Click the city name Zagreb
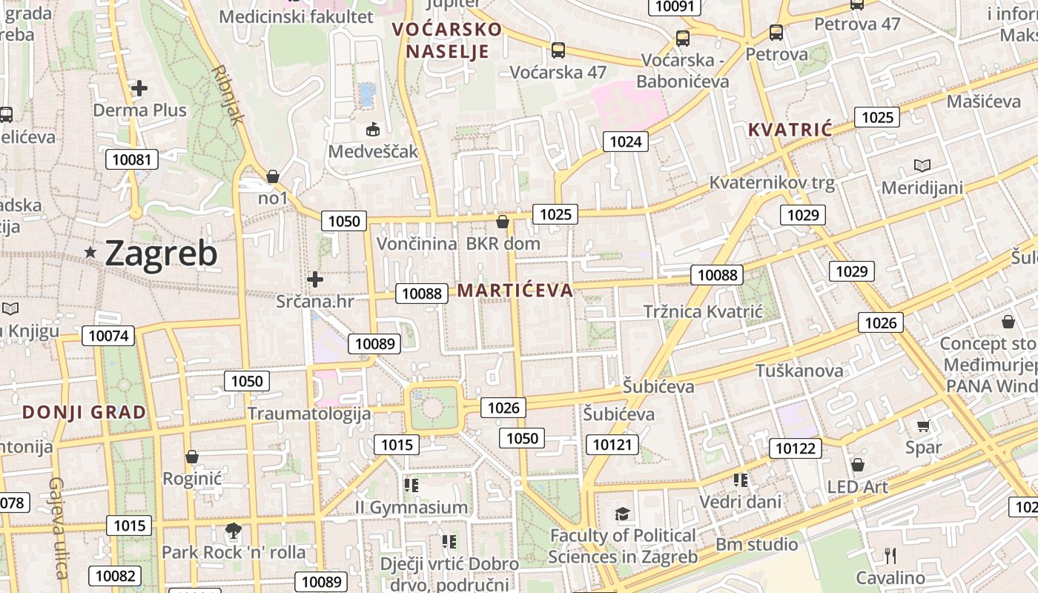pos(161,254)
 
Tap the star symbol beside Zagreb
pos(90,253)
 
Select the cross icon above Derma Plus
pos(139,88)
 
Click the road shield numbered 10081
pos(131,159)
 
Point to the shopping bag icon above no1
pos(273,176)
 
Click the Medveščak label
pos(373,152)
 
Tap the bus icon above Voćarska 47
pos(558,50)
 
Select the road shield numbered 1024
pos(625,142)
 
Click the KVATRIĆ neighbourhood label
pos(790,130)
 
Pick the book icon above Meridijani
pos(922,165)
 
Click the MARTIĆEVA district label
pos(515,291)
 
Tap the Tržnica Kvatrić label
pos(702,311)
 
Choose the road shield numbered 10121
pos(612,445)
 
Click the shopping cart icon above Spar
pos(923,426)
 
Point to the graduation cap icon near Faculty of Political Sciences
pos(622,514)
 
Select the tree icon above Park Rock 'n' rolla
pos(234,531)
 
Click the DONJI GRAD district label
pos(84,412)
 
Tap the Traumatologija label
pos(308,414)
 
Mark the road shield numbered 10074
pos(108,336)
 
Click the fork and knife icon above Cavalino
pos(890,555)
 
